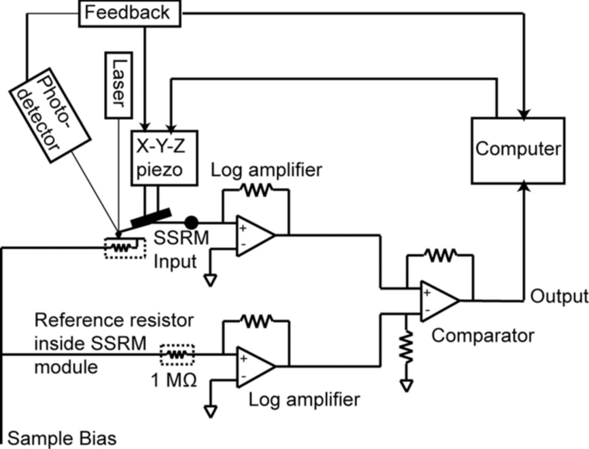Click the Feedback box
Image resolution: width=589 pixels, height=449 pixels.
pos(128,12)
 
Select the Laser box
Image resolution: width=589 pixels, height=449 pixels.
pos(118,86)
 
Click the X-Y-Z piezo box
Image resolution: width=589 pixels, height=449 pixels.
pos(165,158)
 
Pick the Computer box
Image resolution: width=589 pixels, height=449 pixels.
pos(518,150)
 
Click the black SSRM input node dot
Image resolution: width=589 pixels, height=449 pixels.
pos(191,223)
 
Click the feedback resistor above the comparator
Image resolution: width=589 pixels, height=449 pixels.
pos(439,255)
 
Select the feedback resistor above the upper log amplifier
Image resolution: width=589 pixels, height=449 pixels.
pos(256,190)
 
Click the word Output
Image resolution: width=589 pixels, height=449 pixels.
pos(559,297)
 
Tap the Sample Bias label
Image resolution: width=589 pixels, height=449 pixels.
pos(62,438)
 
